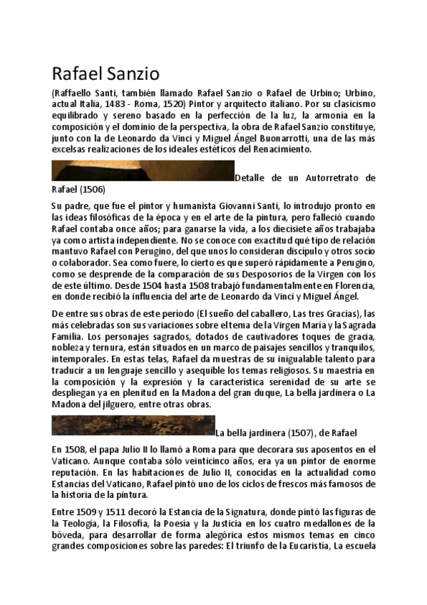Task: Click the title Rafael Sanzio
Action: [x=106, y=73]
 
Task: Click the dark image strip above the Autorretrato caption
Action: [x=143, y=172]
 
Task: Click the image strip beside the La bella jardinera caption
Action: [x=133, y=425]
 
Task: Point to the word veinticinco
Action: [x=170, y=462]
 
